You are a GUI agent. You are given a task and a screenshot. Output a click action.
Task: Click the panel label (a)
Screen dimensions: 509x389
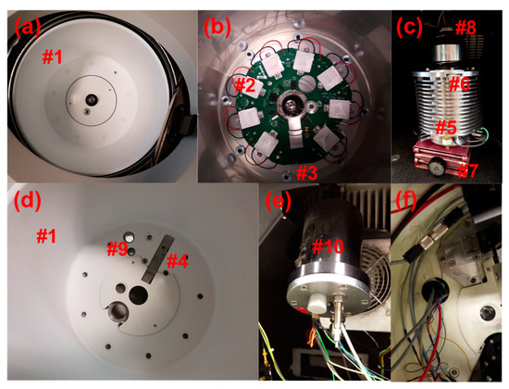tap(27, 27)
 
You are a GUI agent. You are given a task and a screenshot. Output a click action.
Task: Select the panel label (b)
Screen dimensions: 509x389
tap(217, 28)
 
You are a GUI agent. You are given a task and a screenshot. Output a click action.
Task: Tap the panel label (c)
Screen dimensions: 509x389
tap(410, 27)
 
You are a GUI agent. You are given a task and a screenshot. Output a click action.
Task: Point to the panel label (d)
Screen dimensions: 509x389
tap(27, 201)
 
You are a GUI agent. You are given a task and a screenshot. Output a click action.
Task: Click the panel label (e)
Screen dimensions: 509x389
tap(279, 201)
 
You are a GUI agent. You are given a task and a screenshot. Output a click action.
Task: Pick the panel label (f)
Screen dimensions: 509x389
tap(406, 201)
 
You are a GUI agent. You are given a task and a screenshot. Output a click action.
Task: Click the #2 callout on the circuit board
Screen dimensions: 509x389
tap(249, 85)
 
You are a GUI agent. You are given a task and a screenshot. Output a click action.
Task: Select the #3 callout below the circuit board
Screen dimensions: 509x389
tap(306, 172)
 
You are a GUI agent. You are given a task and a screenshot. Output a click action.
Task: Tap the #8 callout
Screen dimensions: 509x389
tap(466, 28)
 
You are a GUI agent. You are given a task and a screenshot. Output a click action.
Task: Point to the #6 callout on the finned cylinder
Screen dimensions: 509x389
tap(459, 84)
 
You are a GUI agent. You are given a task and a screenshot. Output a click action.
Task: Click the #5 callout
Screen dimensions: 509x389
tap(445, 127)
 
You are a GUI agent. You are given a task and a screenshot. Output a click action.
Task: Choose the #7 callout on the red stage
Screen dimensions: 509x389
tap(467, 171)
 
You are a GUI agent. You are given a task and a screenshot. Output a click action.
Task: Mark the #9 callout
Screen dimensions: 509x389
tap(118, 250)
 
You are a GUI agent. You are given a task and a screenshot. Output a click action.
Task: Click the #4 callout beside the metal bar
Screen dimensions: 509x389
tap(178, 261)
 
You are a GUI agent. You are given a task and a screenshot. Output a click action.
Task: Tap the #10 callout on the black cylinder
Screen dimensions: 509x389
tap(328, 246)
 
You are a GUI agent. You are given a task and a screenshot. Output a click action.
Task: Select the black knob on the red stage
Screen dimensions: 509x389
tap(435, 167)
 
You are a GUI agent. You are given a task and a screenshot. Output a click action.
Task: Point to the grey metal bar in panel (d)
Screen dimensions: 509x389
tap(158, 259)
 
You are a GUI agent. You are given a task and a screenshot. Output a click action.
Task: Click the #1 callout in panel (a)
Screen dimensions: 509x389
tap(52, 57)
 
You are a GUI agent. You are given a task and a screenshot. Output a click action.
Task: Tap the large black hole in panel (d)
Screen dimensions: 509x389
tap(138, 295)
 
